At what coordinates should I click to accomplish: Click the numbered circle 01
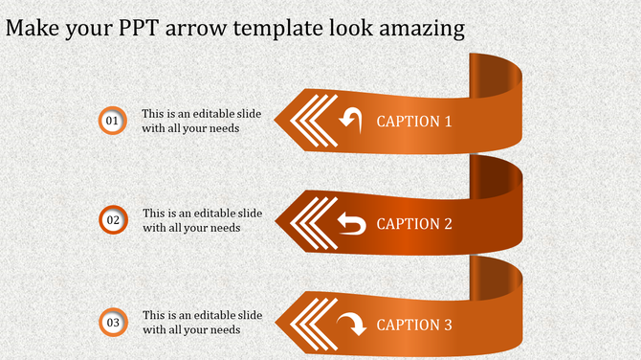point(112,121)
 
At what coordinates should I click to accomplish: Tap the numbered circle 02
point(112,220)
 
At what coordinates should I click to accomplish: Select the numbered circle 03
point(112,323)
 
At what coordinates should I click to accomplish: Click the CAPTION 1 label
point(413,122)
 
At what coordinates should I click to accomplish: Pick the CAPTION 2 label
point(413,224)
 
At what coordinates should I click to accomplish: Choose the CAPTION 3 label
point(413,326)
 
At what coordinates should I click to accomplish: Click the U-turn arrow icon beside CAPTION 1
point(351,120)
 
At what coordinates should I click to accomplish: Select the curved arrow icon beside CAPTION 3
point(351,324)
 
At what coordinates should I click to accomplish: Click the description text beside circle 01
point(202,120)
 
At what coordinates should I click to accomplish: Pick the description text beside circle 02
point(202,220)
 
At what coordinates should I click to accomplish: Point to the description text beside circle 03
point(202,322)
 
